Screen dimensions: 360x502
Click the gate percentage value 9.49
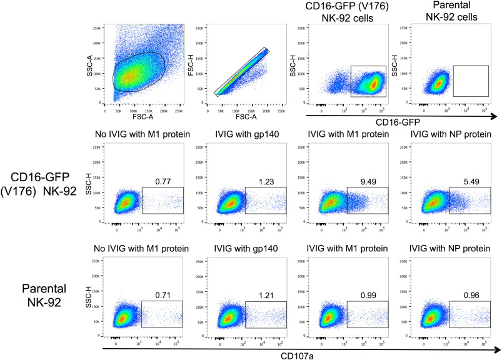[368, 181]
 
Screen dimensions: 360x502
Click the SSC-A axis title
[100, 60]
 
